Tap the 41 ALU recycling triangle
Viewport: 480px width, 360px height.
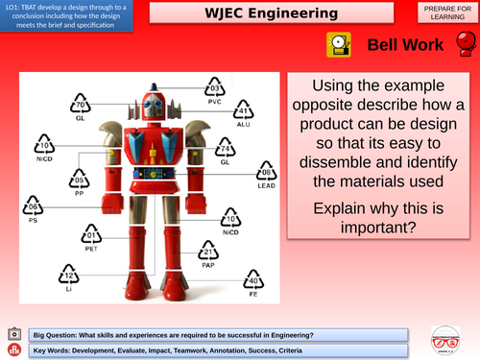pos(243,114)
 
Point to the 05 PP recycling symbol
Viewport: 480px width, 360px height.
pos(81,180)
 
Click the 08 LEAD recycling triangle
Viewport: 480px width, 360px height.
pos(268,175)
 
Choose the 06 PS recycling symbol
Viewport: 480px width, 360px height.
pos(35,207)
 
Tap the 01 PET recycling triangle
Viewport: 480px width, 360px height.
pos(93,234)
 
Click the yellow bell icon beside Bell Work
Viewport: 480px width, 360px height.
pos(337,44)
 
